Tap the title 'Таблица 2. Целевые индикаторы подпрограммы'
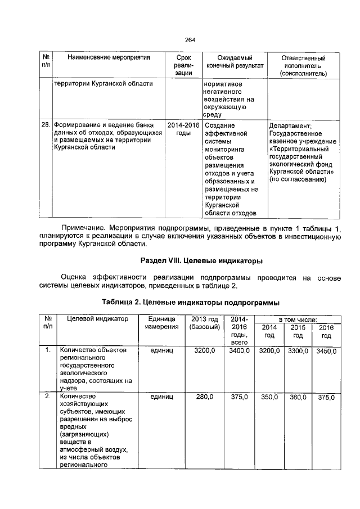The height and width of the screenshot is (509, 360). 190,302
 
